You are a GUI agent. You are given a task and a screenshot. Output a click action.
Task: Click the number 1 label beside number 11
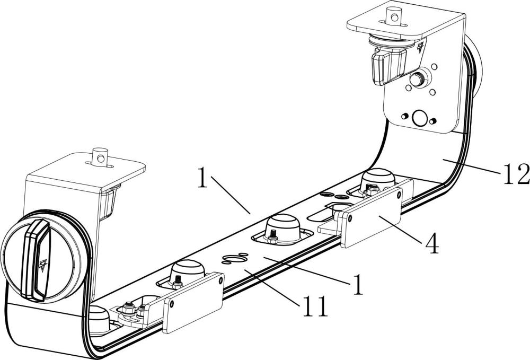click(357, 284)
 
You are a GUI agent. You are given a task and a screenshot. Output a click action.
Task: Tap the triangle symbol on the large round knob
click(42, 266)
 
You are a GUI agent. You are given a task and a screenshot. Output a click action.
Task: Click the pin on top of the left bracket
click(100, 156)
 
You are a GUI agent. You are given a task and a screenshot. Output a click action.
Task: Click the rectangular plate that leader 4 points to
click(372, 218)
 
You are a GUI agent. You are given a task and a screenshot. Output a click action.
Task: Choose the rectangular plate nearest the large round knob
click(193, 303)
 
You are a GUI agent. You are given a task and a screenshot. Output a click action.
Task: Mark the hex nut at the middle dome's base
click(273, 240)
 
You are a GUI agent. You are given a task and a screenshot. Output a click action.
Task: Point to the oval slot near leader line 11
click(235, 259)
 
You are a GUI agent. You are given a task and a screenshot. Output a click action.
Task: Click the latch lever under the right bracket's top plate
click(388, 66)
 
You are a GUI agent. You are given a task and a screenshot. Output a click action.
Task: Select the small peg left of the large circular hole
click(404, 117)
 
